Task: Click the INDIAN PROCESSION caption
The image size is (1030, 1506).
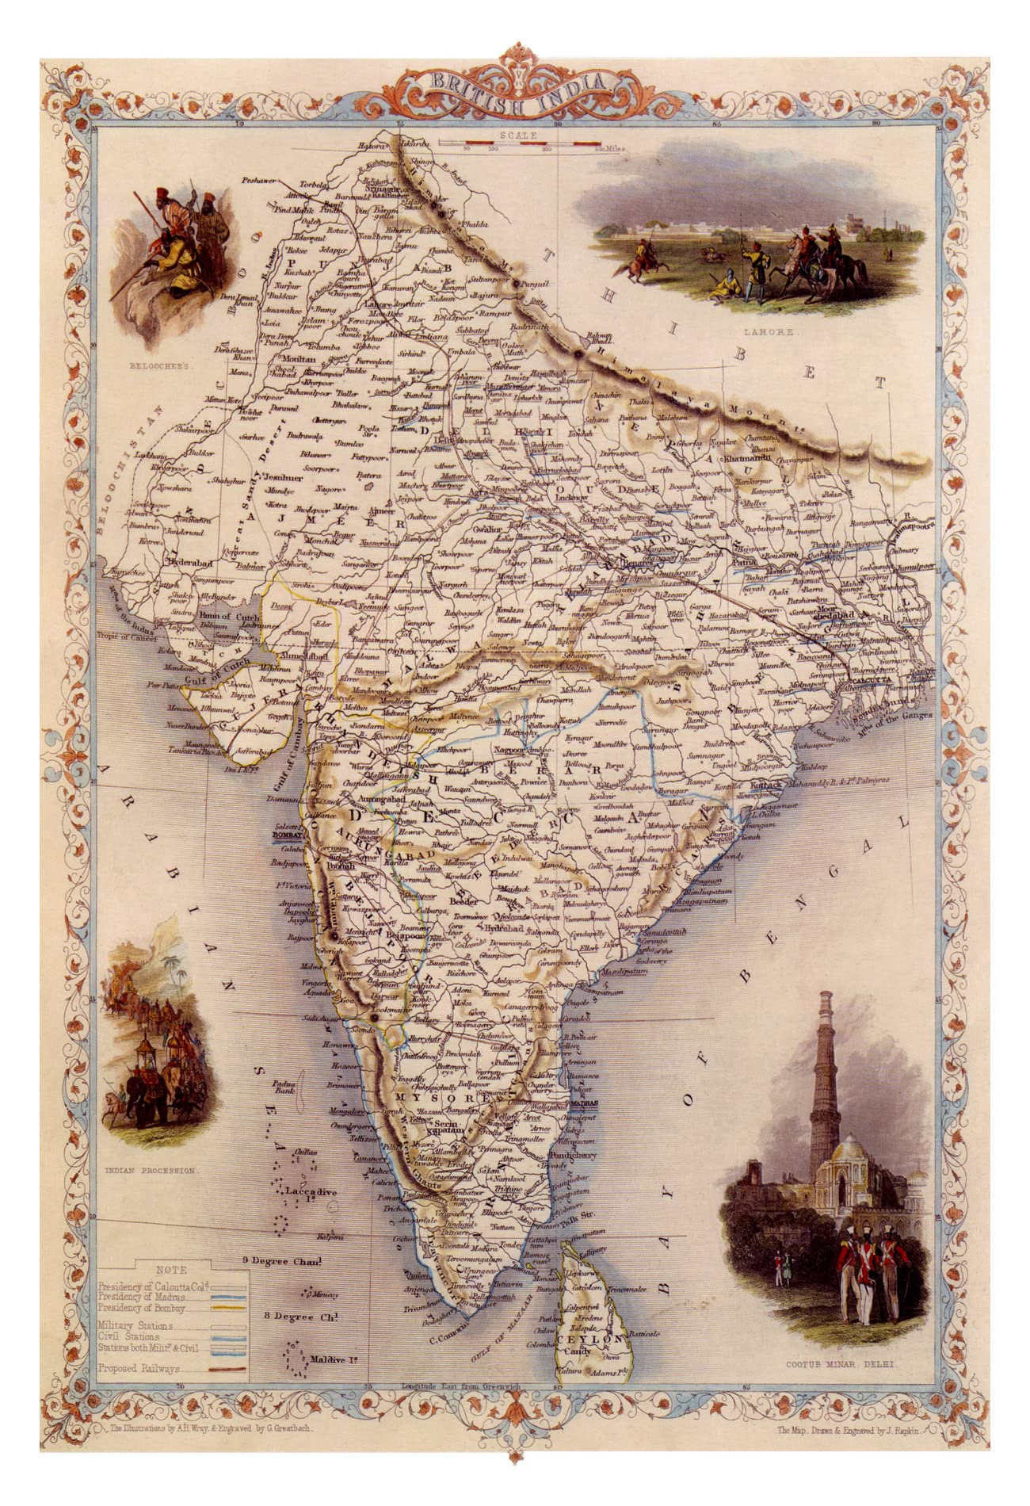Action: [151, 1170]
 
